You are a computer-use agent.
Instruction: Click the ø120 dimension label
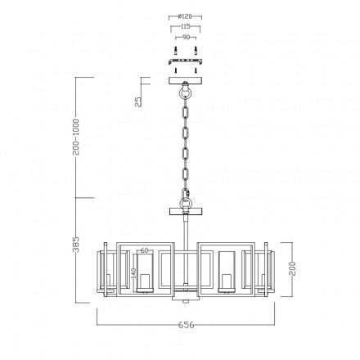185,16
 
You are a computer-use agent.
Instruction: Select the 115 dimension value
185,27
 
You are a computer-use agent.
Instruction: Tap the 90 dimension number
186,38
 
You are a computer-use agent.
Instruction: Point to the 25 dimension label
139,101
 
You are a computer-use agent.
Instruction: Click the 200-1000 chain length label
76,137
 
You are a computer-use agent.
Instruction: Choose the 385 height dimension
76,245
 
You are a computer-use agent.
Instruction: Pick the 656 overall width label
187,325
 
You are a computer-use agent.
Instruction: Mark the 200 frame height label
292,268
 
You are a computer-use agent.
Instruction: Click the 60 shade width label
145,250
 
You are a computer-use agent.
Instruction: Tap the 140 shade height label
133,273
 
